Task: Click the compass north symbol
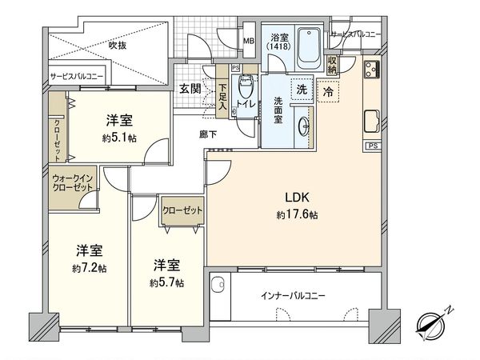433,322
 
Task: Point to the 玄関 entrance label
190,88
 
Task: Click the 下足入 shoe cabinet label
223,98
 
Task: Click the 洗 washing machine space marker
302,90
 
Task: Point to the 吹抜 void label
118,46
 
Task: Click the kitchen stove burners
372,69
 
